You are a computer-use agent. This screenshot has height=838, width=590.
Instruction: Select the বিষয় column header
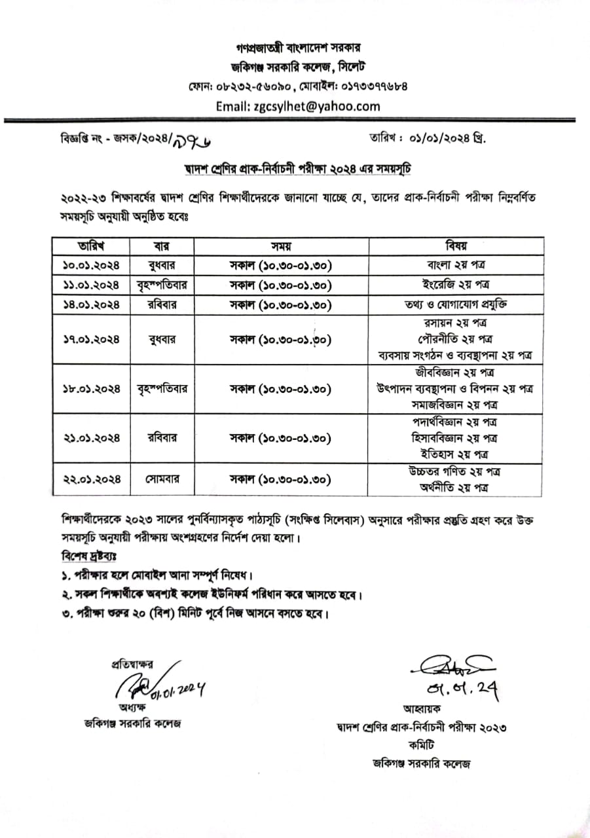tap(456, 246)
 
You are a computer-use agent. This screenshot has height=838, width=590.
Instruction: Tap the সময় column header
tap(280, 246)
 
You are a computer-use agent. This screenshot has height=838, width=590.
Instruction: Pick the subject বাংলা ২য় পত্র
tap(456, 266)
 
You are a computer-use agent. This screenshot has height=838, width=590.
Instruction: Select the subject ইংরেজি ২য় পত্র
tap(456, 285)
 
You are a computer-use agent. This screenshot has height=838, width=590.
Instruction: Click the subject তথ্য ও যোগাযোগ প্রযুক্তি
tap(456, 305)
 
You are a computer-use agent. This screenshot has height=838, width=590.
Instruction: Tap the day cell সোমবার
tap(162, 479)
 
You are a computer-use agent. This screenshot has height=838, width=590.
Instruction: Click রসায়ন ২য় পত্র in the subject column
tap(456, 323)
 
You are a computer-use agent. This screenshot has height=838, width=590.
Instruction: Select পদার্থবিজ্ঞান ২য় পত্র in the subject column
tap(456, 422)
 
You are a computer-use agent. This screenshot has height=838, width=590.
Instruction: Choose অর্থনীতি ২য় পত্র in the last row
tap(456, 488)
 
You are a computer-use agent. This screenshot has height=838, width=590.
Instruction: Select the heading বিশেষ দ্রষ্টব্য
tap(86, 556)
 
